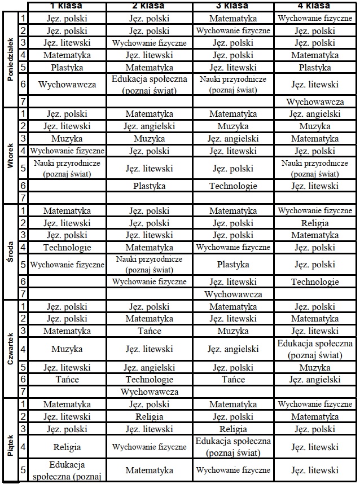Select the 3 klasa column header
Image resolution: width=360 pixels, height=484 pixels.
click(232, 6)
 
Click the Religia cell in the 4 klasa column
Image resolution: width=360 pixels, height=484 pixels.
click(315, 223)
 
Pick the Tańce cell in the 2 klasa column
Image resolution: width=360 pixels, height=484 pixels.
click(149, 331)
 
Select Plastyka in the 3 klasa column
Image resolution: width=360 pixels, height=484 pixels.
click(232, 264)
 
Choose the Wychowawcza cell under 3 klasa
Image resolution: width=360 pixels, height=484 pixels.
click(232, 294)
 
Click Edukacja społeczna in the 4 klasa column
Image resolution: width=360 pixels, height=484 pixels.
click(315, 349)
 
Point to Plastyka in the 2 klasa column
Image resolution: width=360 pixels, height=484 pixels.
click(149, 186)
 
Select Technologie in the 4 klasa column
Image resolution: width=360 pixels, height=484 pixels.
click(315, 281)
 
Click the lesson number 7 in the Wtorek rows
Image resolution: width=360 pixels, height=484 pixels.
click(23, 198)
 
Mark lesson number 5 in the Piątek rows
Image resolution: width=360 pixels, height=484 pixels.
click(23, 470)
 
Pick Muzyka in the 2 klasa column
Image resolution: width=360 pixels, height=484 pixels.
click(149, 138)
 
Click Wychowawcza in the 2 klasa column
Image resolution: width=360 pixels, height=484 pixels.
click(149, 391)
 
